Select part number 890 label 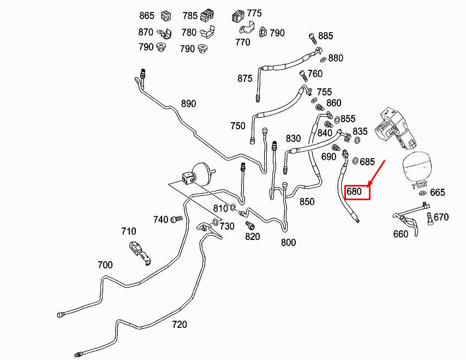point(188,104)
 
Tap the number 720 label point(180,325)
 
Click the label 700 point(105,265)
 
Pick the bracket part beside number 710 point(140,253)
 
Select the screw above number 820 point(250,225)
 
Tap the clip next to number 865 point(166,16)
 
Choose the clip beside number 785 point(207,15)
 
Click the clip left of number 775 point(238,16)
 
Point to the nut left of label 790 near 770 point(263,32)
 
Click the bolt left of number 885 point(312,38)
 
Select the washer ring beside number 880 point(324,59)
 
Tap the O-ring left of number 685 point(355,161)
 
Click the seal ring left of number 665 point(422,194)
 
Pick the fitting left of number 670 point(429,219)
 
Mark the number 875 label point(245,79)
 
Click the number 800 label point(288,242)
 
